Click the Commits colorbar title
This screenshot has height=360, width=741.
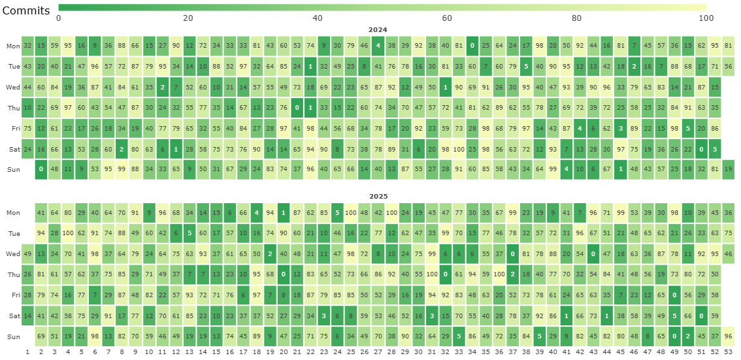(25, 11)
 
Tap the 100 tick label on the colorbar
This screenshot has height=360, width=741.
(706, 18)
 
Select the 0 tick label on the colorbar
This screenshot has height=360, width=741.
(59, 18)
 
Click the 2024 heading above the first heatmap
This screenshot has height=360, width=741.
(378, 30)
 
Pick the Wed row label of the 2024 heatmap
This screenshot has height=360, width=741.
(12, 88)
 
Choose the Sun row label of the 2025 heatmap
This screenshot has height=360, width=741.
(12, 336)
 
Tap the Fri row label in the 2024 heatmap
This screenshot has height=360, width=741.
(12, 129)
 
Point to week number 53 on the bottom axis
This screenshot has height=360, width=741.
(729, 352)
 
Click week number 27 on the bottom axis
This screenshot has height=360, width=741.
(378, 352)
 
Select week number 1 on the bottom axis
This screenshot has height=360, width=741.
(27, 352)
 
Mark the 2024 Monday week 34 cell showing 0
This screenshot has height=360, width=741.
(472, 46)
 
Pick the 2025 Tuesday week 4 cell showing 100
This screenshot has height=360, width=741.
(68, 233)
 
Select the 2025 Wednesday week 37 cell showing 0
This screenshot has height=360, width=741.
(513, 254)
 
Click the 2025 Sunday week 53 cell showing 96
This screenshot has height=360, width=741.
(729, 336)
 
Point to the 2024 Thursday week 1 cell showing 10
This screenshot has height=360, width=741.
(27, 108)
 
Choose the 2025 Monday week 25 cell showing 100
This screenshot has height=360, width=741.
(351, 212)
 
